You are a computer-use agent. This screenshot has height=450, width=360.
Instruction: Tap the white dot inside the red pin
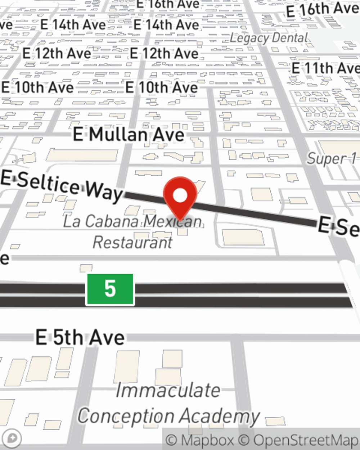pos(180,196)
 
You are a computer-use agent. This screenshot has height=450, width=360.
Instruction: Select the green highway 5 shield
pos(110,289)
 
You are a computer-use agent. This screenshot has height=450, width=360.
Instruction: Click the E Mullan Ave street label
pos(129,135)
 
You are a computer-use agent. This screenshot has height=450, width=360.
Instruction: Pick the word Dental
pos(290,37)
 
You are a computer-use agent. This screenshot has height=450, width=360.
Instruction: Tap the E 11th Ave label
pos(325,68)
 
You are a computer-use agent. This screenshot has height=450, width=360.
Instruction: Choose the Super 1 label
pos(331,158)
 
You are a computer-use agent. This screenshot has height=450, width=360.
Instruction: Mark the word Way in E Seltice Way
pos(104,190)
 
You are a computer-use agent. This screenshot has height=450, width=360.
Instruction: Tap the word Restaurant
pos(132,242)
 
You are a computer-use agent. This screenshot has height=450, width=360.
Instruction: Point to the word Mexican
pos(173,221)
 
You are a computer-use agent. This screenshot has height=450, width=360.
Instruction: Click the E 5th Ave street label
pos(80,337)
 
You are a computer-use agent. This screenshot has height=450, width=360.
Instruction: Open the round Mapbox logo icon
pos(13,438)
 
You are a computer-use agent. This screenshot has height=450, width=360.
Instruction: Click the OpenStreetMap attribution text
pos(306,440)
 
